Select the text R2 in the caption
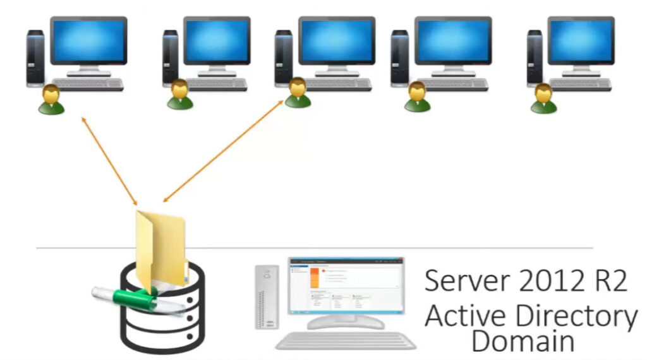pos(610,280)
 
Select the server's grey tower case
pos(267,297)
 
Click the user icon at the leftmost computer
pos(51,100)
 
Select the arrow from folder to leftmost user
pos(109,160)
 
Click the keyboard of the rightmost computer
pos(581,84)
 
